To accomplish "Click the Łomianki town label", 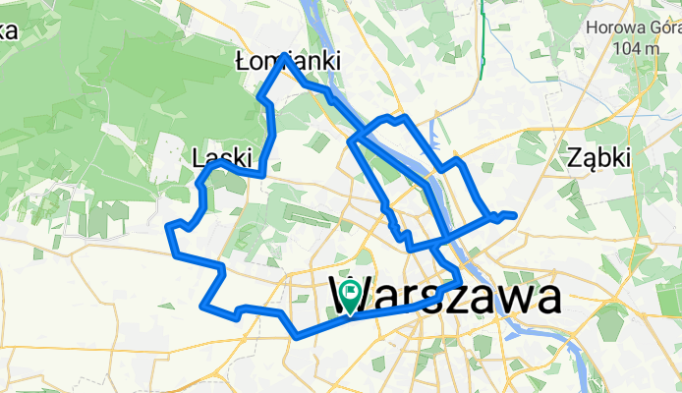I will click(289, 62).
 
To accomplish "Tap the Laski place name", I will click(223, 157).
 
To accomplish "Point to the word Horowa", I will click(614, 28).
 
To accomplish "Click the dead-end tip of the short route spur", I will click(514, 214).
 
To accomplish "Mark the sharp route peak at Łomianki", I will click(285, 55).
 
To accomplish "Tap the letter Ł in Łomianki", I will click(244, 62).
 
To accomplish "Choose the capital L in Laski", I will click(199, 157).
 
